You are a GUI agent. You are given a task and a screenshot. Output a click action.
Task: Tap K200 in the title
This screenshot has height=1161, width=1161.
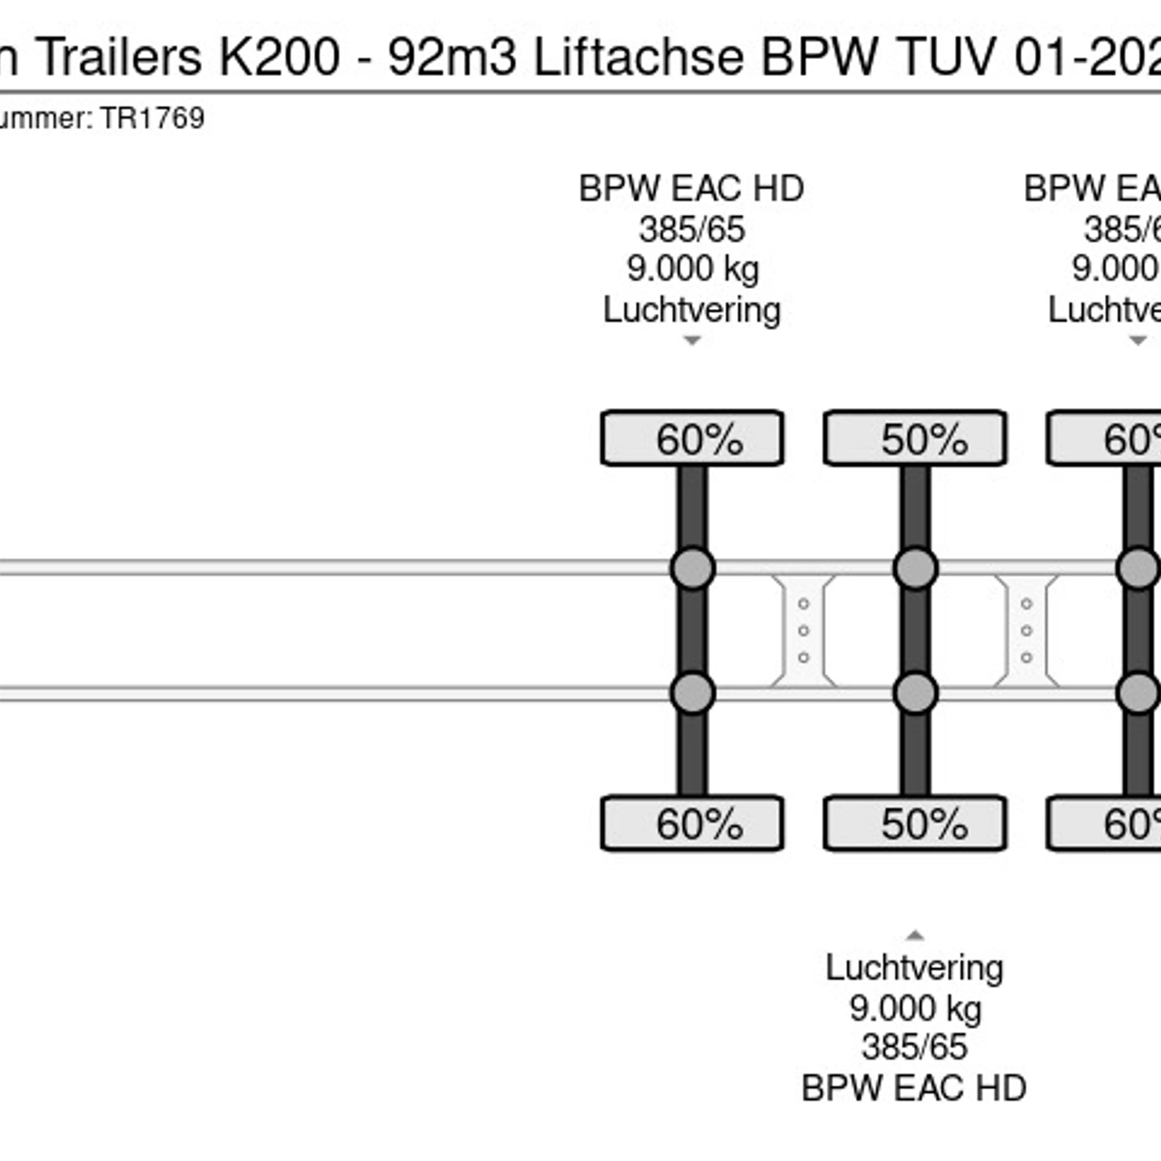(280, 57)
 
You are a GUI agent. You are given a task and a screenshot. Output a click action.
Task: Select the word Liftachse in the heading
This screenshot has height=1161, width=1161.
(639, 57)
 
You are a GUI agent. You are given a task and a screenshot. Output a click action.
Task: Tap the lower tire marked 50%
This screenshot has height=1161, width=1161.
(915, 823)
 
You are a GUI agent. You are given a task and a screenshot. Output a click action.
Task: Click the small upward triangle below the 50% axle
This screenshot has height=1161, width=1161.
(915, 936)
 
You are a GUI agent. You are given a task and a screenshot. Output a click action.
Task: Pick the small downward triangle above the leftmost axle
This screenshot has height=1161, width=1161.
(692, 341)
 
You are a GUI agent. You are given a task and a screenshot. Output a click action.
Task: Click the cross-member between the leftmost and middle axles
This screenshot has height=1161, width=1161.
(803, 630)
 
